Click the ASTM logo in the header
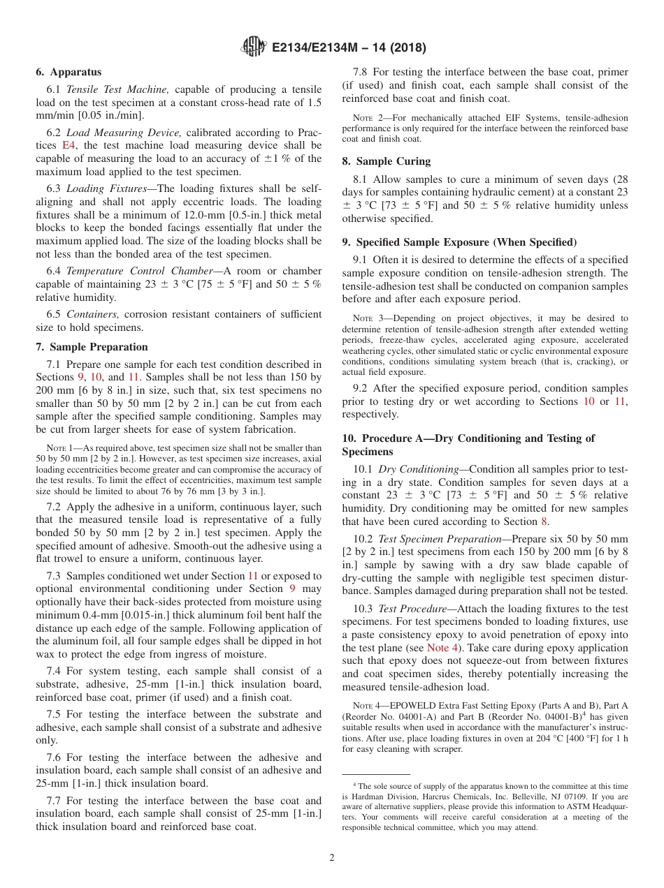tap(254, 47)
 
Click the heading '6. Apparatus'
tap(68, 72)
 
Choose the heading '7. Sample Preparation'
tap(92, 347)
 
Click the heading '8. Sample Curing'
tap(386, 161)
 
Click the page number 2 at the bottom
tap(332, 857)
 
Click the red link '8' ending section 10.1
tap(546, 521)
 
